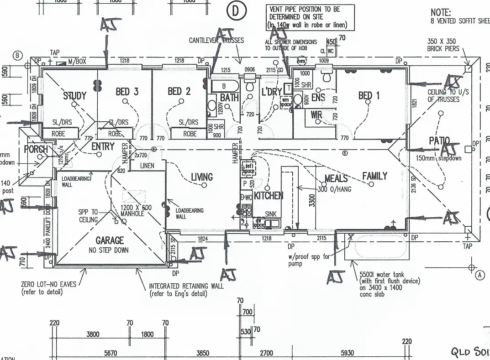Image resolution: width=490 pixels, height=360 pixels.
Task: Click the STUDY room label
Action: [x=74, y=96]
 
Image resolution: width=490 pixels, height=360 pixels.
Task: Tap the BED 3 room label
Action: [x=127, y=92]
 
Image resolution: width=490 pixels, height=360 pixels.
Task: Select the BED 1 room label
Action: [x=369, y=95]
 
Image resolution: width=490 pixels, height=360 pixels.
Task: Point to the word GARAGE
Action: [x=110, y=240]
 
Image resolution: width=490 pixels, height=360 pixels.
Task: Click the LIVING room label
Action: [x=202, y=177]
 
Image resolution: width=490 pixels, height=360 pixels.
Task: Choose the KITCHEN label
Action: [x=269, y=196]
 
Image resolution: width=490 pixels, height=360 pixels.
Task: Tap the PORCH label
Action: [x=36, y=149]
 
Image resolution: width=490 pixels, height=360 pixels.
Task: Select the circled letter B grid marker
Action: [x=17, y=55]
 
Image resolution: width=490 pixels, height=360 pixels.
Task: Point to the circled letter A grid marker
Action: [x=479, y=275]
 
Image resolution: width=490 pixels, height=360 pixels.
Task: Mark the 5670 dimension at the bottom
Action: [x=111, y=353]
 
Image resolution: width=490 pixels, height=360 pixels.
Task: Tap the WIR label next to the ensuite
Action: [x=317, y=115]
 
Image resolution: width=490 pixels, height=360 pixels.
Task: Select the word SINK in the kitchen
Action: [x=271, y=214]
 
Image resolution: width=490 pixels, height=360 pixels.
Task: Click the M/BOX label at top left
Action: [x=77, y=61]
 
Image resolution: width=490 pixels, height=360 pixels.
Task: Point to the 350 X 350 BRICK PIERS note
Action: [x=441, y=45]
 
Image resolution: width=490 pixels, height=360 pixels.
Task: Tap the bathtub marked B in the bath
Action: [x=224, y=86]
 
